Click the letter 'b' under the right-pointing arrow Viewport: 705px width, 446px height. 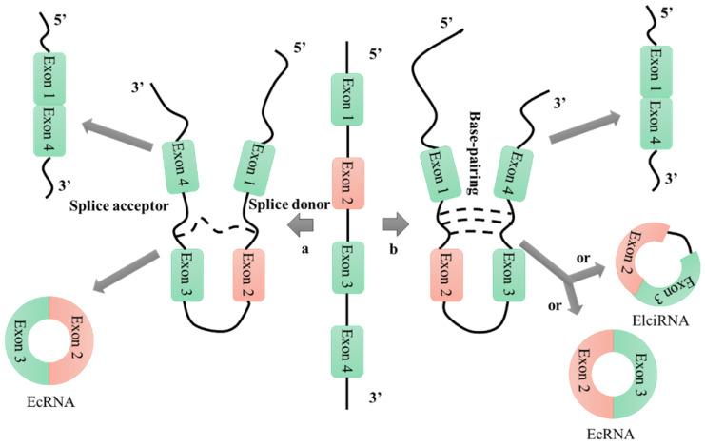click(392, 248)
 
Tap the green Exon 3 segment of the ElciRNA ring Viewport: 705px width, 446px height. click(664, 285)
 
